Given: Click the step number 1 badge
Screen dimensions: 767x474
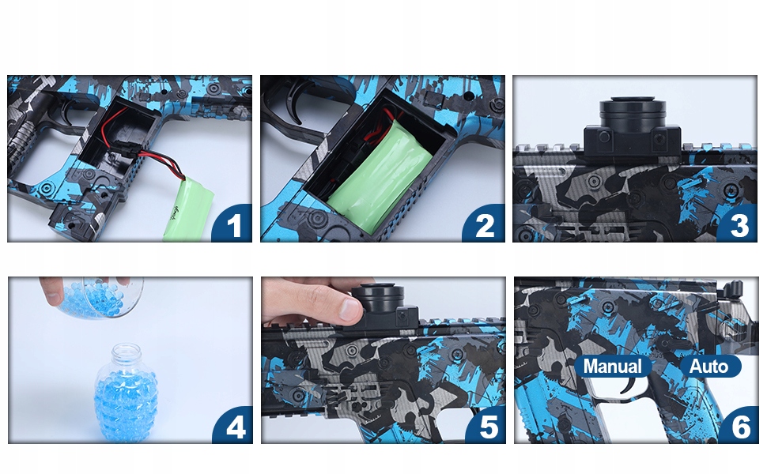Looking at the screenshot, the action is tap(232, 224).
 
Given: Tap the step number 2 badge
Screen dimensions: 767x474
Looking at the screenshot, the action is tap(484, 224).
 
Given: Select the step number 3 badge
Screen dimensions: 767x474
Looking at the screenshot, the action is tap(739, 224).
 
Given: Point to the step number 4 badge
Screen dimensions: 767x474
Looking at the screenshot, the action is tap(234, 426).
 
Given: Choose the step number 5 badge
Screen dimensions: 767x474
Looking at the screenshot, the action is tap(486, 426).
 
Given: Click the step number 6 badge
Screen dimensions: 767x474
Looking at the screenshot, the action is tap(739, 426).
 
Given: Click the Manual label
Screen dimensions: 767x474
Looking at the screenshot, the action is tap(613, 366).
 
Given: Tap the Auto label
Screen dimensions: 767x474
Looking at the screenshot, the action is tap(709, 366).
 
